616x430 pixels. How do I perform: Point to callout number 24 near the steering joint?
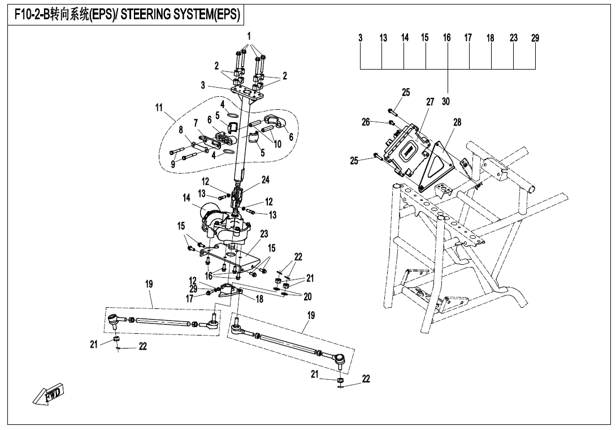[x=265, y=180]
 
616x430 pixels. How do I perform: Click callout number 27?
[x=430, y=102]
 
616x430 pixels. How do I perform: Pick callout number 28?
[x=457, y=122]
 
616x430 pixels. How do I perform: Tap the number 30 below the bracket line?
[x=446, y=102]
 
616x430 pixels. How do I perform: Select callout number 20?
[x=307, y=296]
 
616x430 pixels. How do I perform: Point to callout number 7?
[x=196, y=123]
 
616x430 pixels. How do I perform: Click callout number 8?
[x=181, y=130]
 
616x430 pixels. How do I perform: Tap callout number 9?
[x=173, y=165]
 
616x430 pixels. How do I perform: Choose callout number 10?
[x=277, y=144]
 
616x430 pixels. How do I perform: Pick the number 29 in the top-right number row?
[x=535, y=38]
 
